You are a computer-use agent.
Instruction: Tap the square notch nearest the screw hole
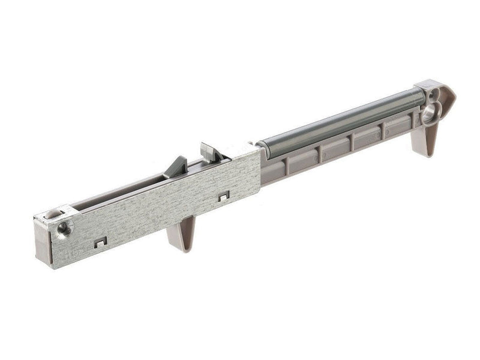pyautogui.click(x=100, y=241)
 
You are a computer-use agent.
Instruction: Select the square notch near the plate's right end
pyautogui.click(x=223, y=196)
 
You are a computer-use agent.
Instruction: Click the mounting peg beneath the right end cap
pyautogui.click(x=424, y=141)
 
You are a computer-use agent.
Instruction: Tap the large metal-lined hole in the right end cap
pyautogui.click(x=430, y=112)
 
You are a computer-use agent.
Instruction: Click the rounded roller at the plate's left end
pyautogui.click(x=53, y=214)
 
